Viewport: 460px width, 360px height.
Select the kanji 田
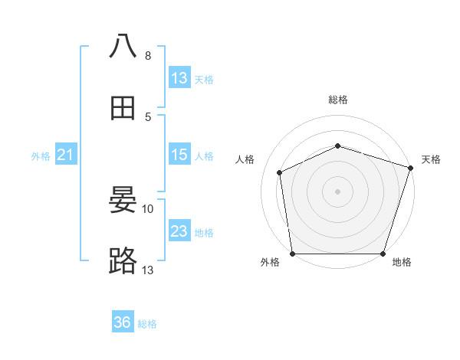pos(123,108)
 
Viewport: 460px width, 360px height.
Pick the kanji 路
pos(123,262)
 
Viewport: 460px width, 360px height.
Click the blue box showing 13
pos(179,78)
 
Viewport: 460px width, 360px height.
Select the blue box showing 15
pos(179,155)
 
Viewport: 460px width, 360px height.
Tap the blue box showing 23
pos(179,231)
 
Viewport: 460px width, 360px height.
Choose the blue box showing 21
pos(65,155)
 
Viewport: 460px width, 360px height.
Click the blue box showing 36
pos(123,322)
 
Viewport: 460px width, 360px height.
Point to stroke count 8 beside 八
pos(148,56)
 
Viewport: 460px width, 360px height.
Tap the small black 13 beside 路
pos(148,270)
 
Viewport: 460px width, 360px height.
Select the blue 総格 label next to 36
pos(148,324)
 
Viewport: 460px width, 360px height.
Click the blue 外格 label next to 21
pos(41,156)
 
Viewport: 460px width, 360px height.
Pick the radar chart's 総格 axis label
pos(337,100)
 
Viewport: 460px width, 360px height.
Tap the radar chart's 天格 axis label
pos(431,159)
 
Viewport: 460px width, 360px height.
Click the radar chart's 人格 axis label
pos(245,159)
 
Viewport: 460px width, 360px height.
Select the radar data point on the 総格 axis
pos(337,146)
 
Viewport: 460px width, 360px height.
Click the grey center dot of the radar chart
pos(337,191)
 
